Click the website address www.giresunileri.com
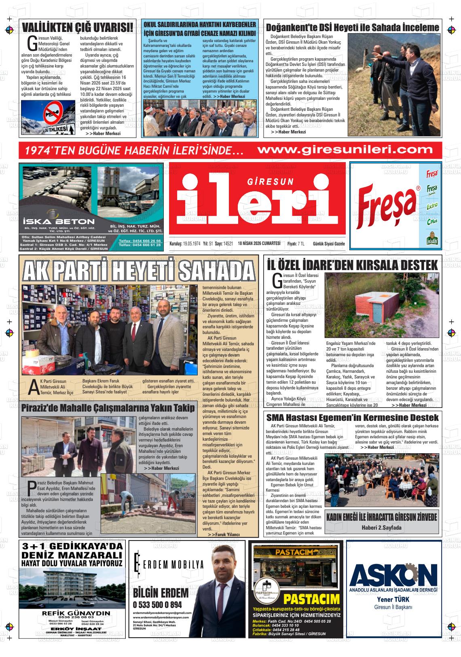tap(345, 150)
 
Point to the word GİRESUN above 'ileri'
tap(270, 182)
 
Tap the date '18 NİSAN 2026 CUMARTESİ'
tap(259, 243)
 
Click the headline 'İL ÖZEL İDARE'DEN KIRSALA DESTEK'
tap(352, 265)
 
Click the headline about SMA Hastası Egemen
tap(352, 418)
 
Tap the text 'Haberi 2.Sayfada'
tap(381, 528)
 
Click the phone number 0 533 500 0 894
tap(157, 605)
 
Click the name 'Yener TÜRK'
tap(393, 599)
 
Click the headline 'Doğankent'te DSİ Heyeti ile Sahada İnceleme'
tap(352, 27)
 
